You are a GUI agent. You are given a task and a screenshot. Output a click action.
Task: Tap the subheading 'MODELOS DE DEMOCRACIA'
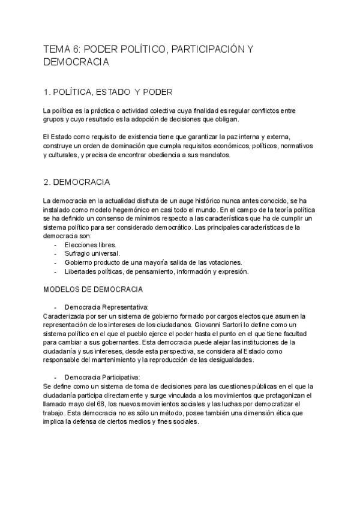pos(93,289)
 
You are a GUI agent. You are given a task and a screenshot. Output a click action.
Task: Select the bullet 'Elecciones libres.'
pos(90,245)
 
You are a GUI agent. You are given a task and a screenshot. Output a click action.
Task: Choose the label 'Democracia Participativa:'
pos(102,377)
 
